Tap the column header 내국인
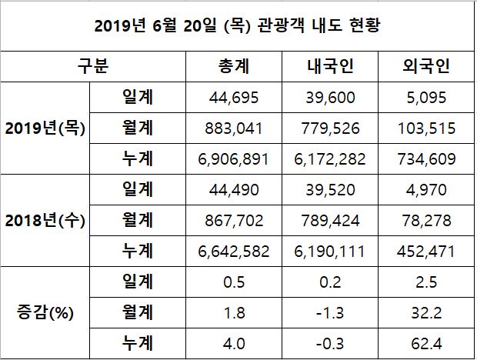[329, 67]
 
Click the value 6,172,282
[329, 159]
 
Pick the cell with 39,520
[329, 189]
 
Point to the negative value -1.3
[329, 312]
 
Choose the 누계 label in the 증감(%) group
[138, 342]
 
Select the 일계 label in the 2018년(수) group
[138, 189]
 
